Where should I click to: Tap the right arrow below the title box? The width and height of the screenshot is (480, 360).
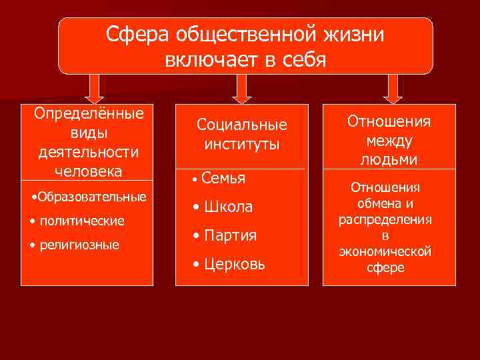pos(393,88)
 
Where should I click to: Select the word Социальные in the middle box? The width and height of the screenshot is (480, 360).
pos(241,125)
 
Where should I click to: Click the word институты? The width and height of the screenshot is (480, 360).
pos(241,144)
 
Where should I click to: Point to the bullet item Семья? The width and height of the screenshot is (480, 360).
pos(223,178)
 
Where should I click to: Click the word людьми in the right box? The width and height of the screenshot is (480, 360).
pos(389,160)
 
